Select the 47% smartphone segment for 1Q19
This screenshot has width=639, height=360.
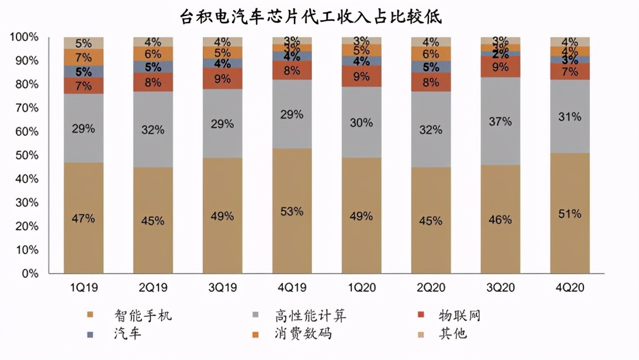tap(83, 218)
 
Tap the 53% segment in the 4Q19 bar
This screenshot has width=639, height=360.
tap(292, 211)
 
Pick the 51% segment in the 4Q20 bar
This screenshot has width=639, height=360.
tap(570, 213)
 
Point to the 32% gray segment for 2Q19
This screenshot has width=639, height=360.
tap(153, 130)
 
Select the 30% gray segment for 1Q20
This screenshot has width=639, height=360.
tap(361, 123)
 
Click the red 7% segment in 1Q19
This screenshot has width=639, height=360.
tap(83, 86)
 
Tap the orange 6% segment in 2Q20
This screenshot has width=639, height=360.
tap(431, 53)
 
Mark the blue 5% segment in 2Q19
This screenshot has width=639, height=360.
tap(153, 67)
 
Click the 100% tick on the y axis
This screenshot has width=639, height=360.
tap(24, 37)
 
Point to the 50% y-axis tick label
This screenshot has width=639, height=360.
tap(27, 155)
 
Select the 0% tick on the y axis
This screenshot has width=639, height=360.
tap(30, 274)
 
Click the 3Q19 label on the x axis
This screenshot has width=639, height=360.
tap(222, 288)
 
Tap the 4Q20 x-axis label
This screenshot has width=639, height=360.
tap(570, 288)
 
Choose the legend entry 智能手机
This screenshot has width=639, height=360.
tap(143, 315)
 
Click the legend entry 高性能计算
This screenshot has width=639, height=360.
tap(310, 315)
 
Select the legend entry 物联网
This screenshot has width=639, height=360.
tap(459, 315)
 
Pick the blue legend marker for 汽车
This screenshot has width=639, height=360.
tap(90, 334)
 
